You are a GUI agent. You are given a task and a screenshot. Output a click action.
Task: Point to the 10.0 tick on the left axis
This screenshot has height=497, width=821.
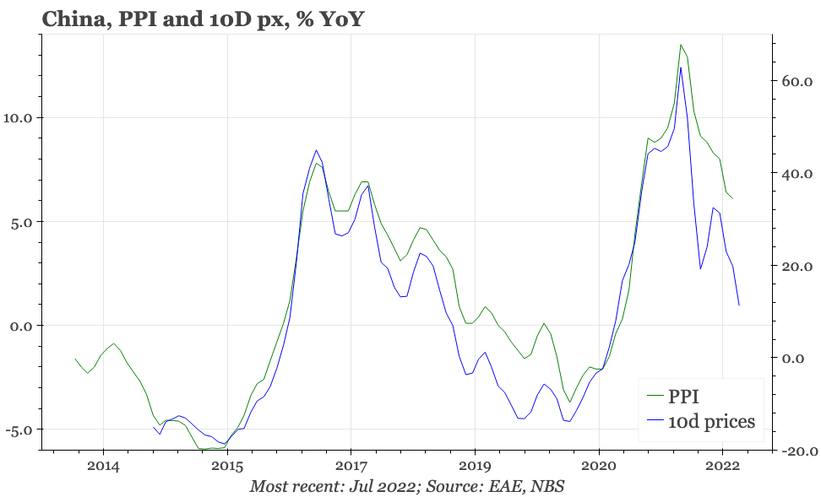(x=16, y=117)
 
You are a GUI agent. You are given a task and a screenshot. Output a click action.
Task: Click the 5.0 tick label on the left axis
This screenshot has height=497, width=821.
(x=19, y=222)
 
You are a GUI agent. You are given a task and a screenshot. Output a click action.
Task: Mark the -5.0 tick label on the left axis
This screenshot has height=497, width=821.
(x=17, y=429)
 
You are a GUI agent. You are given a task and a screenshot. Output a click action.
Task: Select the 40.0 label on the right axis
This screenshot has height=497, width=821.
(x=797, y=174)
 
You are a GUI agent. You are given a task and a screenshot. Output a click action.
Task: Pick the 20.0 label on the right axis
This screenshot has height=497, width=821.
(x=797, y=266)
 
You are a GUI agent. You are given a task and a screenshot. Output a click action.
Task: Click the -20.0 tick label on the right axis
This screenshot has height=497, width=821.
(x=794, y=451)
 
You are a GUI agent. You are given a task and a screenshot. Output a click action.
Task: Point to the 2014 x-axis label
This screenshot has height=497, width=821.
(x=103, y=467)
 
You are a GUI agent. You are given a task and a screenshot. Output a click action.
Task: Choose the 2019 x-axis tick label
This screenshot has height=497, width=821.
(x=475, y=467)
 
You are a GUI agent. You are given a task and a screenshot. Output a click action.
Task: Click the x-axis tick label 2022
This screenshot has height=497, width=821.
(x=722, y=467)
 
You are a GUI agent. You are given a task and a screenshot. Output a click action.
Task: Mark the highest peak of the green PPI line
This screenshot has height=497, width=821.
(x=681, y=45)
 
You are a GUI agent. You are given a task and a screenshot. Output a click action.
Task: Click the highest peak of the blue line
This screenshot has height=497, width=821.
(x=681, y=68)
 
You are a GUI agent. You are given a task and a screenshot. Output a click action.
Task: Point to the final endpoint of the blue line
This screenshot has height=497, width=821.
(x=739, y=305)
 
